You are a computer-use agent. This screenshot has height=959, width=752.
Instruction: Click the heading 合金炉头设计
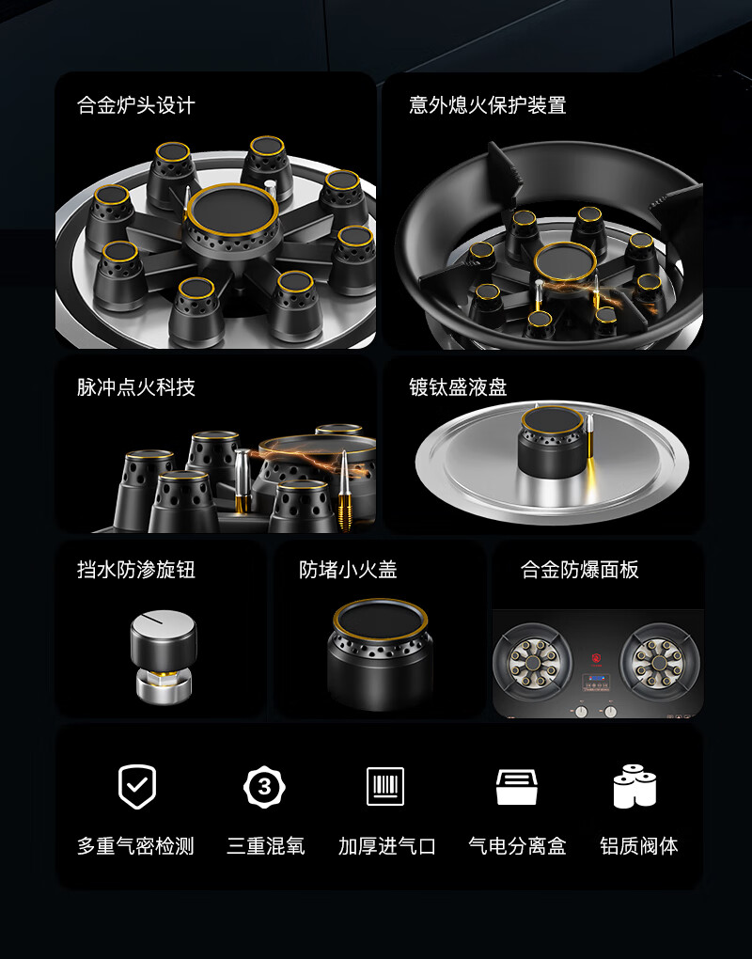pos(135,105)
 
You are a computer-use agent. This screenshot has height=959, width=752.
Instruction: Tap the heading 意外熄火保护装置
pos(487,105)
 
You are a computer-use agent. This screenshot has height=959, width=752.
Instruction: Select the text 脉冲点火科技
pos(135,387)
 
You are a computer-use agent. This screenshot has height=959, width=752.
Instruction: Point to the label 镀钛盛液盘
pos(458,387)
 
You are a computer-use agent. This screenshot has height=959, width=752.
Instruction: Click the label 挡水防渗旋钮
pos(135,570)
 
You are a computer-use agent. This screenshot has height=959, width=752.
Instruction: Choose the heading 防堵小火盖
pos(348,570)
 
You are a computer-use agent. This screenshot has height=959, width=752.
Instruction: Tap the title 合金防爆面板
pos(580,570)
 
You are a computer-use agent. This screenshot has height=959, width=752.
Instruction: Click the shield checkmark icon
pos(137,787)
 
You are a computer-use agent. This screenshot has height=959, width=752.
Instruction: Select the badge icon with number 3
pos(264,787)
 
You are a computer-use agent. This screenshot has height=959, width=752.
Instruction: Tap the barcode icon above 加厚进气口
pos(385,786)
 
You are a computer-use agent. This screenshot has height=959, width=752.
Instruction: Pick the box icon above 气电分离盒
pos(517,787)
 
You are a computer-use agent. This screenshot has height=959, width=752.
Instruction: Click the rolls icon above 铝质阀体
pos(634,786)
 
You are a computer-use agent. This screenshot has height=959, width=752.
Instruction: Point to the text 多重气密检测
pos(135,846)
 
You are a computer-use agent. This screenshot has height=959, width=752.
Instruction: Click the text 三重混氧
pos(265,846)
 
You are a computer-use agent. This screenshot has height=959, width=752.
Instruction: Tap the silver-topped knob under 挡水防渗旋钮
pos(164,655)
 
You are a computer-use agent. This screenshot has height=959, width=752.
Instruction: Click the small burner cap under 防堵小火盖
pos(380,654)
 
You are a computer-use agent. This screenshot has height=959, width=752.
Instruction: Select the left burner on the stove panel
pos(533,663)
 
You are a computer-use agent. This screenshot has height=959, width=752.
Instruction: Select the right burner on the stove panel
pos(659,663)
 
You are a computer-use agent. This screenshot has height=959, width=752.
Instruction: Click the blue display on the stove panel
pos(595,680)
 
